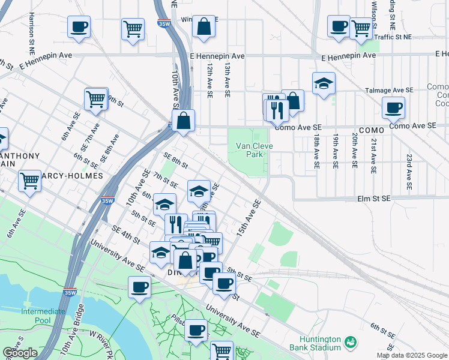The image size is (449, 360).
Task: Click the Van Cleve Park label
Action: point(254,150)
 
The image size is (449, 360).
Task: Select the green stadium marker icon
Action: point(350,343)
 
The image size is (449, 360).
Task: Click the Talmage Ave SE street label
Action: point(390,91)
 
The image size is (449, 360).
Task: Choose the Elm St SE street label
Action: point(373,198)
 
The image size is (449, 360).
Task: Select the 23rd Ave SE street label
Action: point(409,163)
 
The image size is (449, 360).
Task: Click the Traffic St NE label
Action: point(393,37)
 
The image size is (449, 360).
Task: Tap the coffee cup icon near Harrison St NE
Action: point(79,27)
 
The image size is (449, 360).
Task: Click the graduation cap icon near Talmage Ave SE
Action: point(324,84)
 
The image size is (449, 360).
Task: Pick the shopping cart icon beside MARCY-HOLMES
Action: point(29,180)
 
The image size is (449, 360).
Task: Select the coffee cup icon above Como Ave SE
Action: point(393,108)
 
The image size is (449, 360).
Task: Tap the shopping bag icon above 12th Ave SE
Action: point(203,26)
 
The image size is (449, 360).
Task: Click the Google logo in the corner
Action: point(20,353)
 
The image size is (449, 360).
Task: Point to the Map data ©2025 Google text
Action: point(411,355)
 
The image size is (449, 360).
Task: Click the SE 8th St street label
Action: point(175,161)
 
